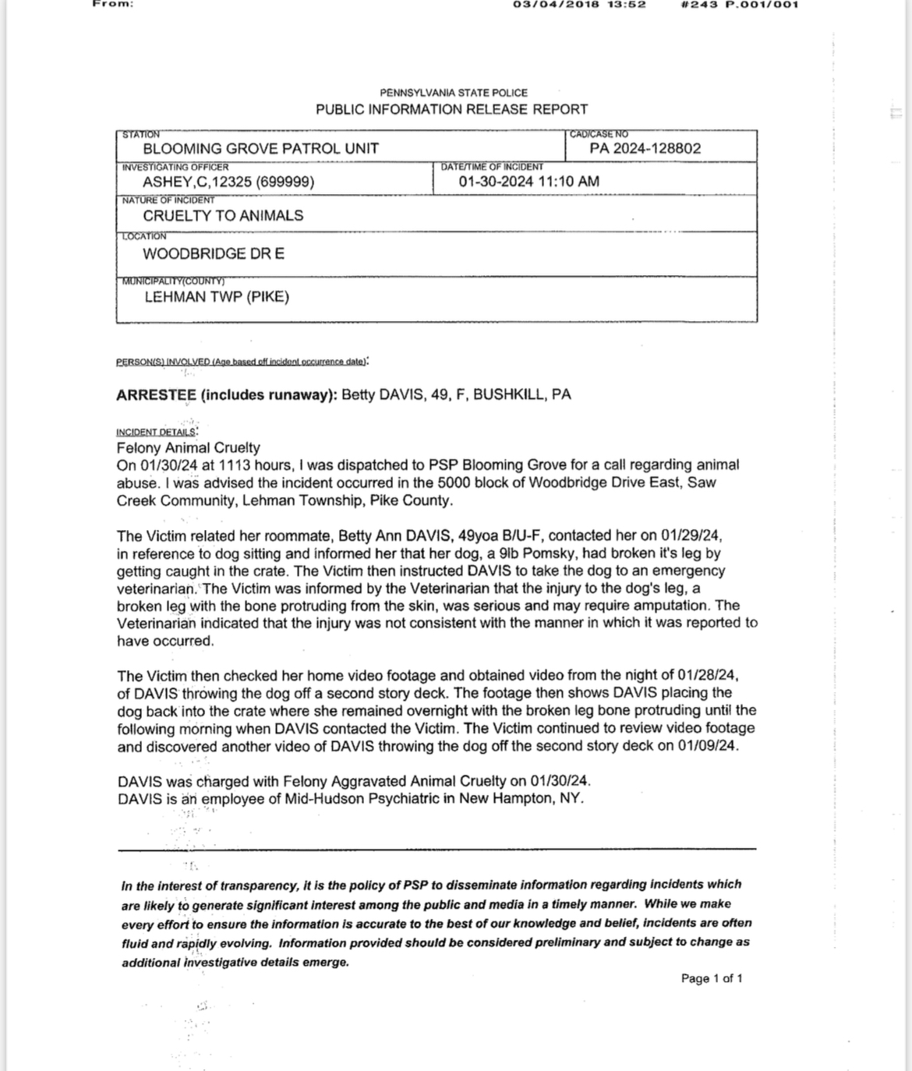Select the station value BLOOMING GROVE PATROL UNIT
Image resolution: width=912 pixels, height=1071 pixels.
coord(260,149)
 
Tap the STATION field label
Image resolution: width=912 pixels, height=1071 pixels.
coord(141,135)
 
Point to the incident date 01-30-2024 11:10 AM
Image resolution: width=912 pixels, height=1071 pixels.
coord(528,182)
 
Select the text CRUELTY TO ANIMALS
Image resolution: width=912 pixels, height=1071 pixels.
coord(223,216)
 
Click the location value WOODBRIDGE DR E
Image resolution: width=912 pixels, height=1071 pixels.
coord(214,254)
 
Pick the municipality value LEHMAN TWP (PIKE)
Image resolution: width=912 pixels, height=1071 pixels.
coord(217,297)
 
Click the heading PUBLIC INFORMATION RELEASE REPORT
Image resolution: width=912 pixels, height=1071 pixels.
coord(451,110)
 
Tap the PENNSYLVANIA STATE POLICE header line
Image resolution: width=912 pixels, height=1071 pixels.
coord(454,93)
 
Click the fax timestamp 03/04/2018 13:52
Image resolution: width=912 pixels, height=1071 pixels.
coord(579,5)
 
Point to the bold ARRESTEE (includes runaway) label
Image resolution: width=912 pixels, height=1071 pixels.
coord(227,394)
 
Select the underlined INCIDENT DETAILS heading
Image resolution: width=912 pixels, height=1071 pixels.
coord(156,432)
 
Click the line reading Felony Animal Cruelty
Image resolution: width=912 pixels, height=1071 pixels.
coord(188,448)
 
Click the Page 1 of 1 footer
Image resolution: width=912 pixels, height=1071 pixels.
coord(711,978)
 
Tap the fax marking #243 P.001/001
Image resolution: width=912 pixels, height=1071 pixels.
coord(740,5)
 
